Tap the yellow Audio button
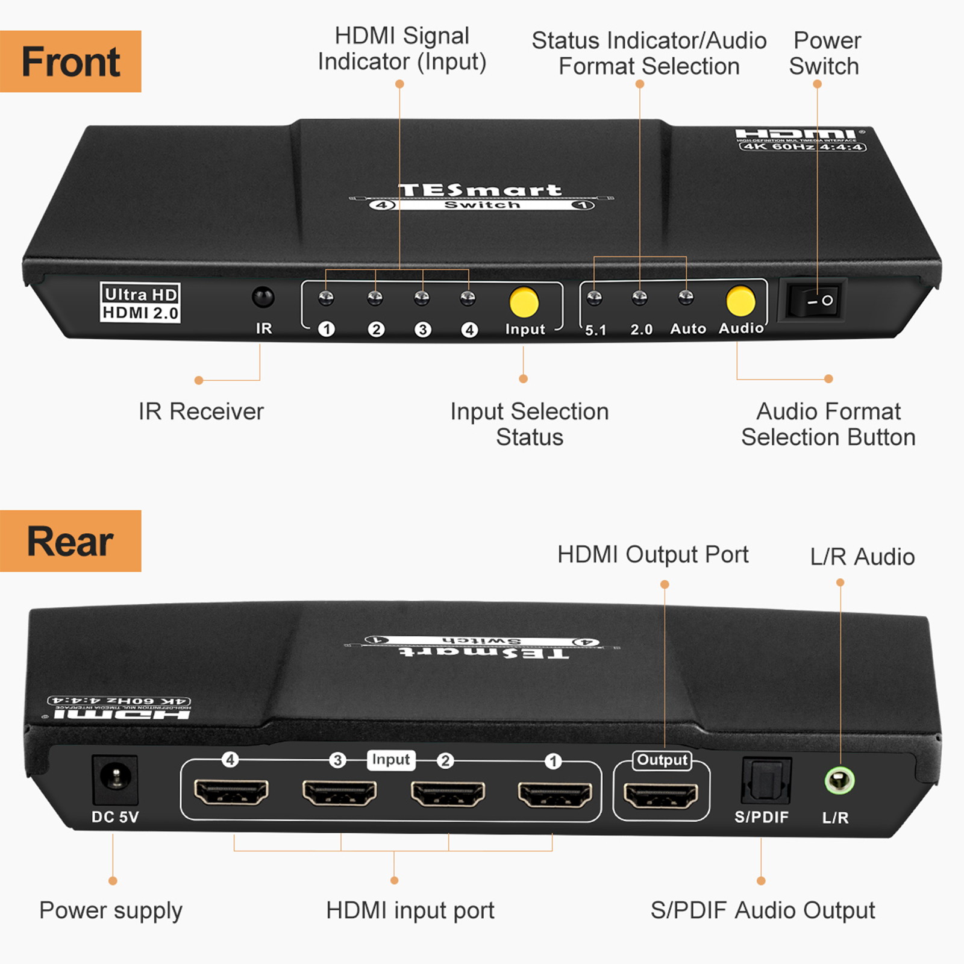coord(740,300)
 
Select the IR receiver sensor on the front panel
coord(263,297)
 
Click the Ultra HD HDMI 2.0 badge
coord(140,303)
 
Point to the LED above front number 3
coord(422,297)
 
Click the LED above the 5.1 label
coord(594,297)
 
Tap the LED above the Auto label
coord(686,296)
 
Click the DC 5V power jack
coord(114,778)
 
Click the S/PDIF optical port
coord(766,781)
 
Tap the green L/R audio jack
coord(839,781)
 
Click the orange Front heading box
coord(70,61)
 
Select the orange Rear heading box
coord(70,541)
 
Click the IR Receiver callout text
coord(201,412)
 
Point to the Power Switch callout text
coord(825,53)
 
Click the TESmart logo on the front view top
coord(480,190)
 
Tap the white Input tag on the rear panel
coord(390,760)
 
